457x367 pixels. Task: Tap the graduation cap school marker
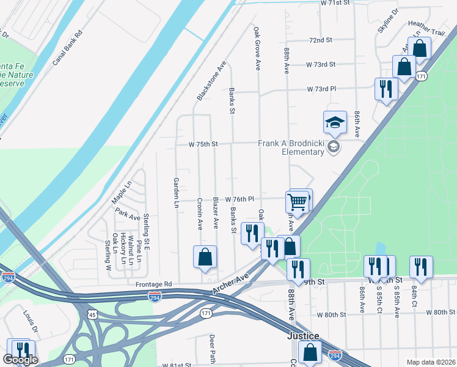click(335, 122)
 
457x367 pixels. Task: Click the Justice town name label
click(304, 336)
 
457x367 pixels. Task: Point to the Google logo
click(20, 360)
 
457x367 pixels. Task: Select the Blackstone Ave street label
click(211, 80)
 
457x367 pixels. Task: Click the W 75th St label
click(203, 144)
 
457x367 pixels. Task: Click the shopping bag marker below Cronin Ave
click(205, 257)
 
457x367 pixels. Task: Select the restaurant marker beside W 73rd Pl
click(386, 89)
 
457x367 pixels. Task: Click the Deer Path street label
click(213, 347)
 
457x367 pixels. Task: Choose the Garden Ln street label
click(176, 193)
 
